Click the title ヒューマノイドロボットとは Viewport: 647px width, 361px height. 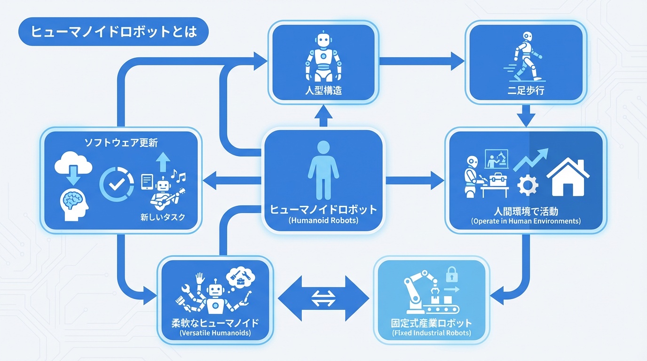[x=112, y=32]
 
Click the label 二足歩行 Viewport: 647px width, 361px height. [x=526, y=90]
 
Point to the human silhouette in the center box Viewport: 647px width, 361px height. [x=323, y=170]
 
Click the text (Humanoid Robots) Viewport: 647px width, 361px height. [x=323, y=220]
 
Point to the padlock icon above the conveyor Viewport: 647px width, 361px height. [x=451, y=274]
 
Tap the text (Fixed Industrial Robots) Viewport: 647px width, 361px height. [x=431, y=333]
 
